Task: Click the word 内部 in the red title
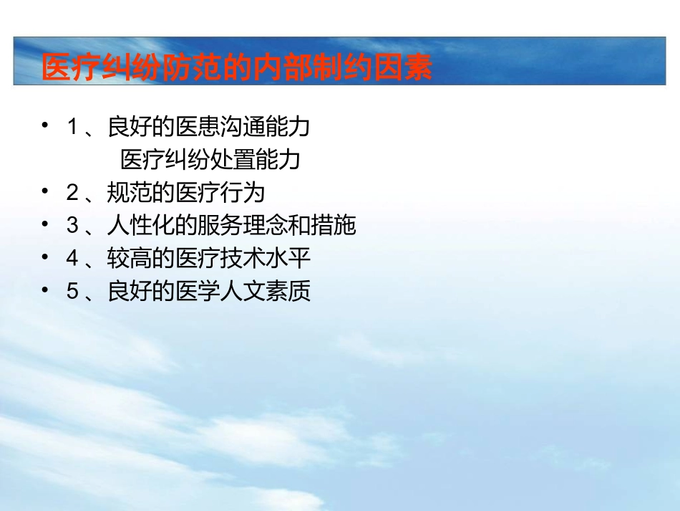click(x=283, y=69)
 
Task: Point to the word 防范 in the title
click(x=192, y=69)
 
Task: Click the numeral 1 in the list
click(x=72, y=128)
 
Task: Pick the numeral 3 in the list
click(x=72, y=226)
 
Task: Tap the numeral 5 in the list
click(x=72, y=292)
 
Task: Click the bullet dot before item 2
click(x=46, y=191)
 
